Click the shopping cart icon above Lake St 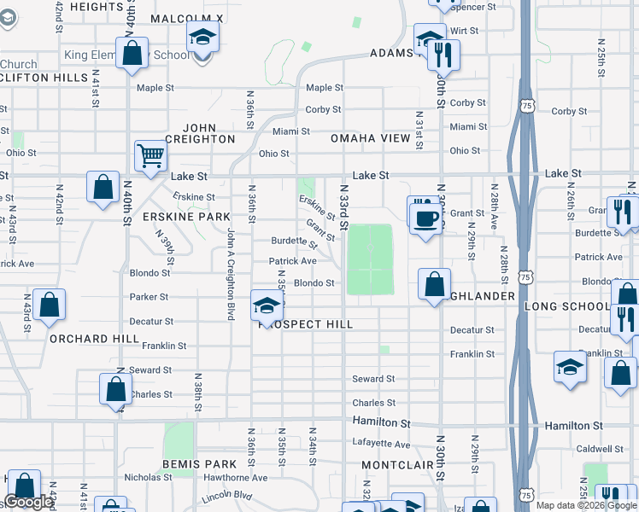coord(149,155)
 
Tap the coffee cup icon coord(424,218)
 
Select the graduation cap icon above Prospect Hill coord(267,305)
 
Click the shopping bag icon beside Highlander coord(434,283)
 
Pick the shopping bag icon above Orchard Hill coord(50,305)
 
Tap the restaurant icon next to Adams coord(443,55)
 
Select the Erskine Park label coord(187,217)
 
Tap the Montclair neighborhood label coord(394,464)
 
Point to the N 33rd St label coord(344,207)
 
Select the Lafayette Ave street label coord(382,444)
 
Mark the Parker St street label coord(149,297)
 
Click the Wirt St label coord(464,31)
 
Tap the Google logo coord(28,502)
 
